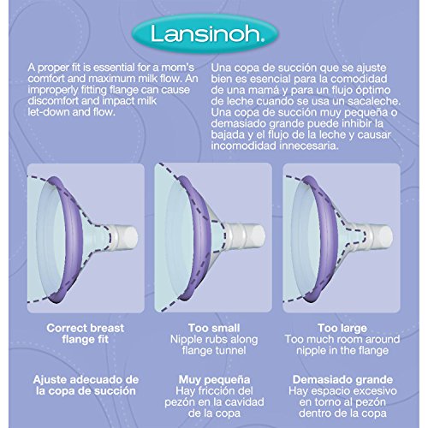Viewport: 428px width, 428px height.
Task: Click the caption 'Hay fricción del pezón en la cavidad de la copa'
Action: tap(214, 401)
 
